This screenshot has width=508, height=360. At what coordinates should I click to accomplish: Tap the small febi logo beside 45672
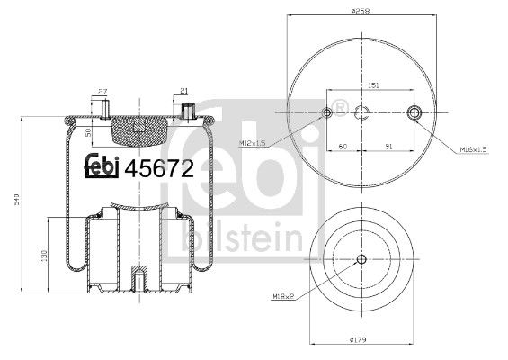pos(102,166)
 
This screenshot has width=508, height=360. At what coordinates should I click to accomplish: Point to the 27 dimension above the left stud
pos(102,91)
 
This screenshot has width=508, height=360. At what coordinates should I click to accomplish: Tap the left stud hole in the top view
pos(325,113)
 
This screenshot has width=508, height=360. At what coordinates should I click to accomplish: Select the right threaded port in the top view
pos(414,113)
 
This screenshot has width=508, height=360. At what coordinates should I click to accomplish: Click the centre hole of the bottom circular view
pos(361,261)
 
